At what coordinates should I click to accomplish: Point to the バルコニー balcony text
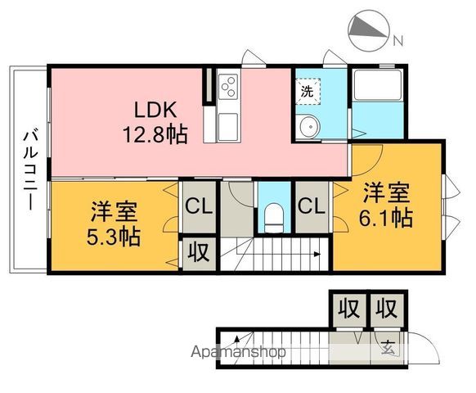[x=30, y=169]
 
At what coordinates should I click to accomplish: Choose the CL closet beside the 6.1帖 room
[x=311, y=207]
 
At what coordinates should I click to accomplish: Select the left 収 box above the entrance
[x=348, y=309]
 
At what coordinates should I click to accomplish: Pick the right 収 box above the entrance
[x=386, y=309]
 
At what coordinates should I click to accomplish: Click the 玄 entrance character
[x=387, y=347]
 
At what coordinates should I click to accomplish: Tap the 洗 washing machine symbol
[x=307, y=92]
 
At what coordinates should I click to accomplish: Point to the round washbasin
[x=309, y=126]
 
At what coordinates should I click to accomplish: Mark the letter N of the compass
[x=397, y=39]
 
